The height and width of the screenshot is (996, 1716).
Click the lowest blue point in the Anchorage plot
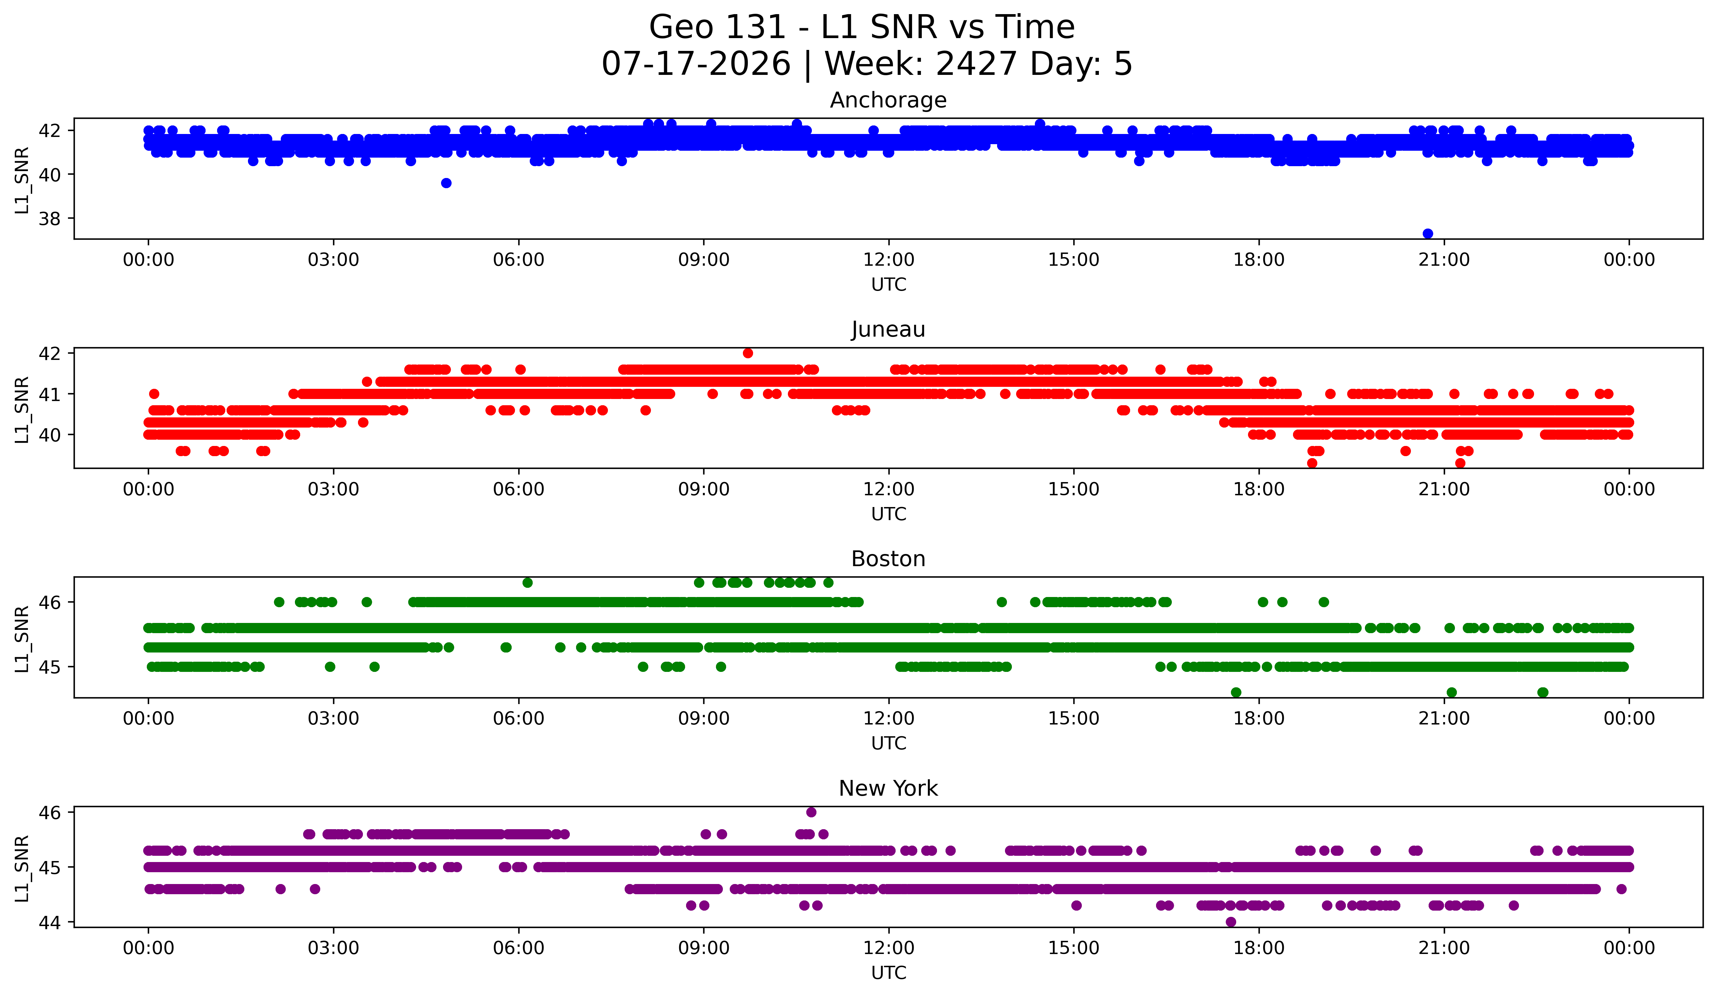point(1428,233)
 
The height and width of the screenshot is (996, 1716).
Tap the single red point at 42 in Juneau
point(748,353)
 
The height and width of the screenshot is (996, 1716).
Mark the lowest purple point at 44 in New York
point(1231,922)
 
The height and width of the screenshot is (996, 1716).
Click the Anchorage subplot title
point(888,100)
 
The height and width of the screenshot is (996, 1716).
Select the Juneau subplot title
point(888,329)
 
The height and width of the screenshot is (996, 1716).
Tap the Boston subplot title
point(888,559)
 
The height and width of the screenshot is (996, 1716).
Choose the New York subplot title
point(888,788)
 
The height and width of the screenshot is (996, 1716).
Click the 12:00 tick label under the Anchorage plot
point(889,260)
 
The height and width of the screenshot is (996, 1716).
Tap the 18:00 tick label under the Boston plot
point(1259,719)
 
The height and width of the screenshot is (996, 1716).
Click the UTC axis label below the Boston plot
point(889,743)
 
